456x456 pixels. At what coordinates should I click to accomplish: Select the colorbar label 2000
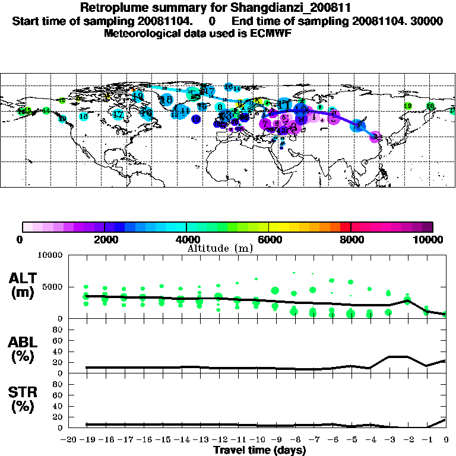coord(104,240)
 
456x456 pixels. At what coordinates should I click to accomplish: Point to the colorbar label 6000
coord(269,240)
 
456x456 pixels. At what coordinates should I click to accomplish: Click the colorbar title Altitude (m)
coord(220,249)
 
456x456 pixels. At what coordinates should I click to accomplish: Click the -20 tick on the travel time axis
coord(70,439)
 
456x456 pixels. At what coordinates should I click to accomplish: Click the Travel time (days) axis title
coord(259,450)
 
